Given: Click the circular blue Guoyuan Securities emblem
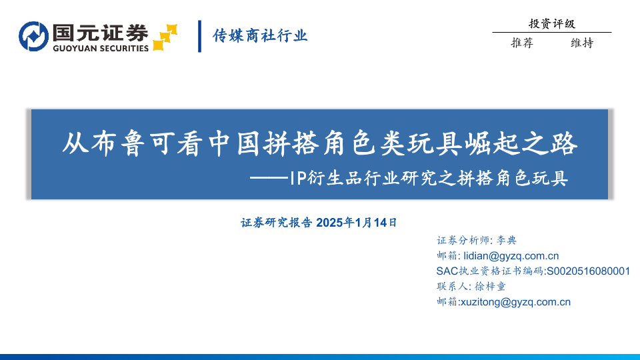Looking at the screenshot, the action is click(x=33, y=37).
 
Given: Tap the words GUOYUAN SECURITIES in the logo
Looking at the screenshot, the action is click(x=101, y=48).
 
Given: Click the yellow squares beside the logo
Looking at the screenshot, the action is click(x=165, y=37).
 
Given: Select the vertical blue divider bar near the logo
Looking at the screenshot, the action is click(x=199, y=36).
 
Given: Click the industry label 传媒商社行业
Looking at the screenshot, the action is click(x=260, y=36).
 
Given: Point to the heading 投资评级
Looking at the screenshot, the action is click(x=552, y=24).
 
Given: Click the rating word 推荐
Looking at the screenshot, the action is click(x=522, y=43).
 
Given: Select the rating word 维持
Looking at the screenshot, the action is click(x=582, y=43).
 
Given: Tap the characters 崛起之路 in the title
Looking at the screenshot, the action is click(x=522, y=143).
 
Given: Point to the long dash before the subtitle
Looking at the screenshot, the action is click(x=269, y=178).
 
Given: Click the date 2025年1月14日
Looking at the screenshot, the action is click(x=356, y=223).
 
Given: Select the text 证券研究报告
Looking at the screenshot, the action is click(x=276, y=223).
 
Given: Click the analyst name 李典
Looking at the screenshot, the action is click(x=506, y=240).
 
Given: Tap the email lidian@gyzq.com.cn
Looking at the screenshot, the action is click(x=511, y=256).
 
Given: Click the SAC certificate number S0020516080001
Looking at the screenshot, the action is click(x=588, y=271).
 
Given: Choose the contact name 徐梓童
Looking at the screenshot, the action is click(x=490, y=287).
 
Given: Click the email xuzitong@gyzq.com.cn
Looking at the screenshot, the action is click(x=515, y=302).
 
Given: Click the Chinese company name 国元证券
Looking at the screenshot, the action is click(x=101, y=32).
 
